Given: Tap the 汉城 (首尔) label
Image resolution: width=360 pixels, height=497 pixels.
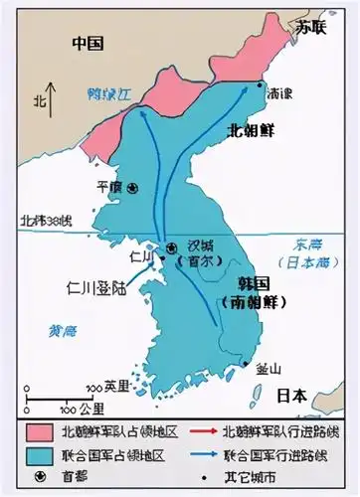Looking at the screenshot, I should pos(201,253).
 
